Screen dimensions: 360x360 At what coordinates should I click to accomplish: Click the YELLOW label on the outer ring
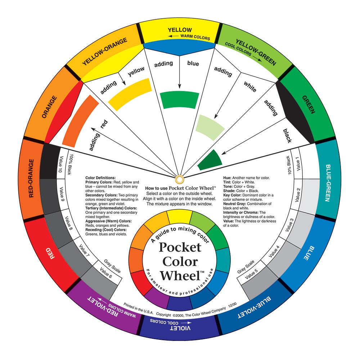point(180,30)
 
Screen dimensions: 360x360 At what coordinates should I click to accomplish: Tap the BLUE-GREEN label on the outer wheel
point(329,183)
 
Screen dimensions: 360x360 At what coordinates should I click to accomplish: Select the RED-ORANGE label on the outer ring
point(31,179)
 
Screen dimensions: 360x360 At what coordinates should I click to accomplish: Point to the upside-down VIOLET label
point(180,328)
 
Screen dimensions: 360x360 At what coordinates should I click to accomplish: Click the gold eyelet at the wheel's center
point(180,179)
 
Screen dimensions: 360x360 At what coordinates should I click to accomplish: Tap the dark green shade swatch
point(210,160)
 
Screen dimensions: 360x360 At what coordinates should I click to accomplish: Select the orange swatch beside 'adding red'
point(80,121)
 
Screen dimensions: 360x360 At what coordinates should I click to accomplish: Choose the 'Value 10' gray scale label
point(60,164)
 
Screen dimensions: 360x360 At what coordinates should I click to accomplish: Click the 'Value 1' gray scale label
point(298,164)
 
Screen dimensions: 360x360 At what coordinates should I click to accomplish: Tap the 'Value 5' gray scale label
point(251,274)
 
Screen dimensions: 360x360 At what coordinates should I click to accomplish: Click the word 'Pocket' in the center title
point(180,248)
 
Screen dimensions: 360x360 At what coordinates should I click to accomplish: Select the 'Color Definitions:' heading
point(100,178)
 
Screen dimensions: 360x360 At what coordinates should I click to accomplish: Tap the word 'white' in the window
point(250,86)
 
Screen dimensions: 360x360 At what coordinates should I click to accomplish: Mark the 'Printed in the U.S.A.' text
point(138,308)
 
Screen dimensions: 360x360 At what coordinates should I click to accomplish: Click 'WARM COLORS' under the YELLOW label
point(195,37)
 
